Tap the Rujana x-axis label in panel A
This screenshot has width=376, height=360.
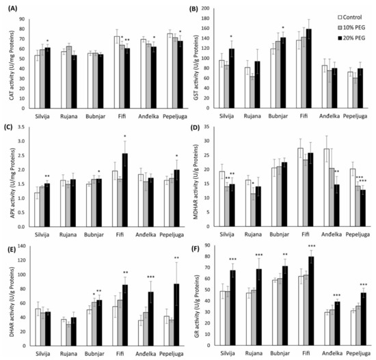pyautogui.click(x=67, y=109)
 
